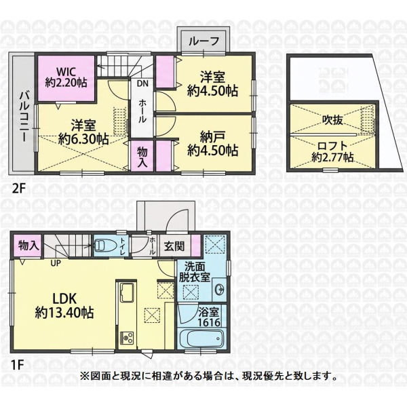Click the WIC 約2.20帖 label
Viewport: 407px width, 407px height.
66,77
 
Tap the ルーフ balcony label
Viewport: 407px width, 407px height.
203,41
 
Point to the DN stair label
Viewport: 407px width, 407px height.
142,84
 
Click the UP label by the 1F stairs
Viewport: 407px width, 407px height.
56,263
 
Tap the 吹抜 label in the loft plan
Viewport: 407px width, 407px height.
332,120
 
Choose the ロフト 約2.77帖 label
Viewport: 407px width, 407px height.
332,151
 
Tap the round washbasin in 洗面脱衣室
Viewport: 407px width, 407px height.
220,289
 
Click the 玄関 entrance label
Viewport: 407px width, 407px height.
174,246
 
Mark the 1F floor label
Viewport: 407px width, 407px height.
17,366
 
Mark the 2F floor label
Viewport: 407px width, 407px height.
19,189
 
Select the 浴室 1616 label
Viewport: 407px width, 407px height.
209,317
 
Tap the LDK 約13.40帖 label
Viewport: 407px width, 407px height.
64,305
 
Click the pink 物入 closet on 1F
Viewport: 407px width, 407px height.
27,246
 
